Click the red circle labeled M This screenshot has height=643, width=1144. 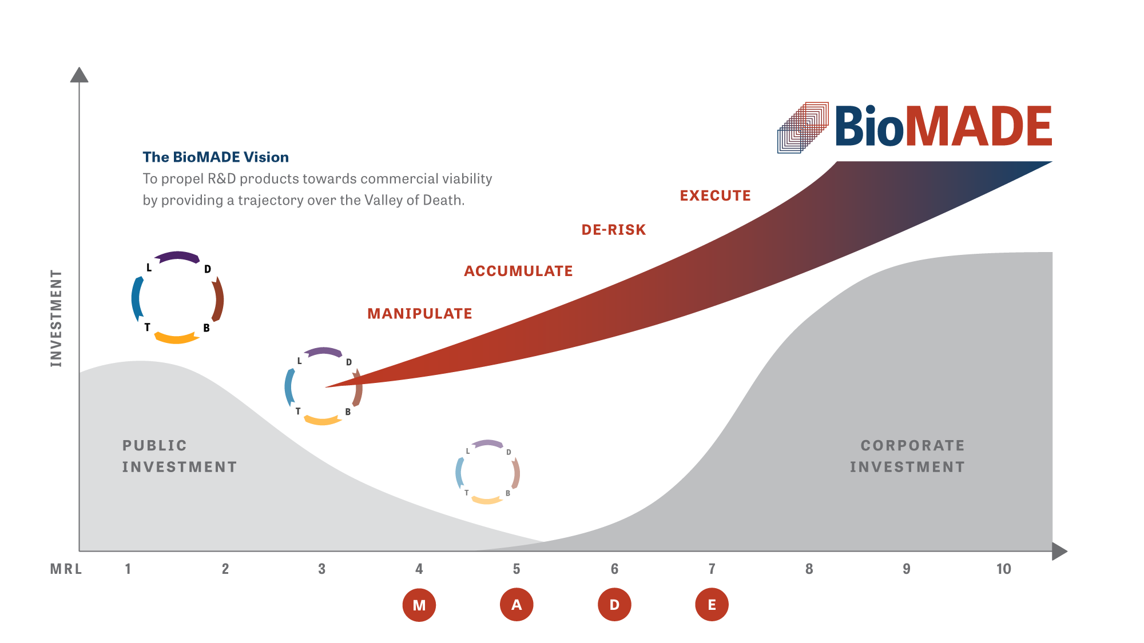coord(419,605)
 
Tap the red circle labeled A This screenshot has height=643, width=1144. coord(517,604)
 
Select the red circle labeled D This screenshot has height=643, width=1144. coord(614,604)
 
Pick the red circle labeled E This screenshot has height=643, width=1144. coord(712,604)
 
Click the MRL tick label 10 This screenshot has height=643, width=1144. coord(1003,569)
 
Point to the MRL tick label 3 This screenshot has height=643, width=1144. coord(322,569)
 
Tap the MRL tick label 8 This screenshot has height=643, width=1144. coord(809,569)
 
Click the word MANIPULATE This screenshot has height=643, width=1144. coord(419,313)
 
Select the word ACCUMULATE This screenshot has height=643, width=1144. coord(518,271)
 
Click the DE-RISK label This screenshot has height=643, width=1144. coord(614,230)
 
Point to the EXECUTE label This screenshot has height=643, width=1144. coord(715,195)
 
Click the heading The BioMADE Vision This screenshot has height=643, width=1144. coord(216,157)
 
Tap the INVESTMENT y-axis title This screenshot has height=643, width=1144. coord(55,318)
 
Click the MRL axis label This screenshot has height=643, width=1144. coord(66,569)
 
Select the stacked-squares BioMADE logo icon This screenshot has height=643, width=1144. coord(803,127)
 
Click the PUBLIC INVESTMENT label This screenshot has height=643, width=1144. coord(180,456)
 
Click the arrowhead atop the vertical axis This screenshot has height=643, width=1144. coord(79,75)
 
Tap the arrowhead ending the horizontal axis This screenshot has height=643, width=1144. coord(1059,551)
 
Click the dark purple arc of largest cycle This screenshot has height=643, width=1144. coord(177,255)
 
